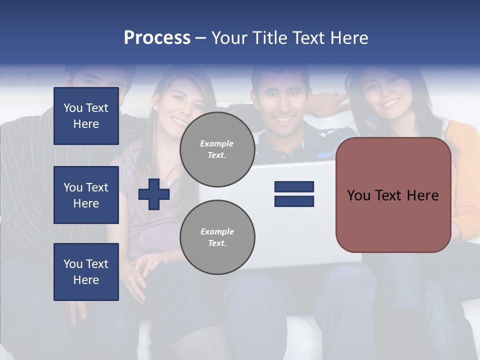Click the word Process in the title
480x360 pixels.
click(x=157, y=38)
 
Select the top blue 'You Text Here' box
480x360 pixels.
click(x=86, y=116)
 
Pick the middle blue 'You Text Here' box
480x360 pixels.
click(x=86, y=195)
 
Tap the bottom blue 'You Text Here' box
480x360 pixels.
click(x=86, y=272)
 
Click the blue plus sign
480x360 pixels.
click(x=154, y=194)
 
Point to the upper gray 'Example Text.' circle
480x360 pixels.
click(x=217, y=149)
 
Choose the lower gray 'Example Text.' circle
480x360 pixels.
click(x=217, y=237)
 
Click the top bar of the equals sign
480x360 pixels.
click(x=294, y=186)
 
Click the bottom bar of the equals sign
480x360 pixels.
click(x=294, y=201)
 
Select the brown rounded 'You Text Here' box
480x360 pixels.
click(x=393, y=195)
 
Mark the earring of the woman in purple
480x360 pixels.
click(x=155, y=107)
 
